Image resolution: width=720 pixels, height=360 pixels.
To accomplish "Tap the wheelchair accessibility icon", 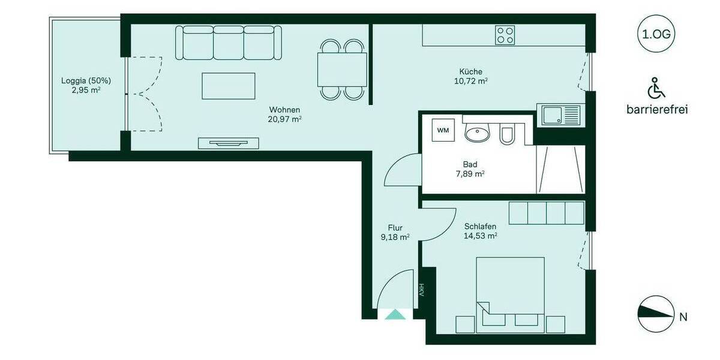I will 656,89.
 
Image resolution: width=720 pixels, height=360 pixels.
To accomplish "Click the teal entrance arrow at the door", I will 394,313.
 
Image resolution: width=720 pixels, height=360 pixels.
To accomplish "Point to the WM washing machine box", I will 442,130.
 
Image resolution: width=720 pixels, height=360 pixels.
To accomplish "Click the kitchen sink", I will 562,114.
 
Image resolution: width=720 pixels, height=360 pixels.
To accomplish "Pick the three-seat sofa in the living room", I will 229,43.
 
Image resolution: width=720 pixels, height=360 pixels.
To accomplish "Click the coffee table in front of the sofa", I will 229,86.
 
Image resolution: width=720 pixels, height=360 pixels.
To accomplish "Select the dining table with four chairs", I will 342,70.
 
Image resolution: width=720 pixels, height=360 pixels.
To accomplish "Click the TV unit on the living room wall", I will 229,143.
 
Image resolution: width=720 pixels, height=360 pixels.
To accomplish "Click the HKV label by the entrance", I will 421,290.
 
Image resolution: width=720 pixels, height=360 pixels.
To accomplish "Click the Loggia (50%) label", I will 86,81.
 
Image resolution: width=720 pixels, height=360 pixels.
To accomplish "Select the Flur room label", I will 395,227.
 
